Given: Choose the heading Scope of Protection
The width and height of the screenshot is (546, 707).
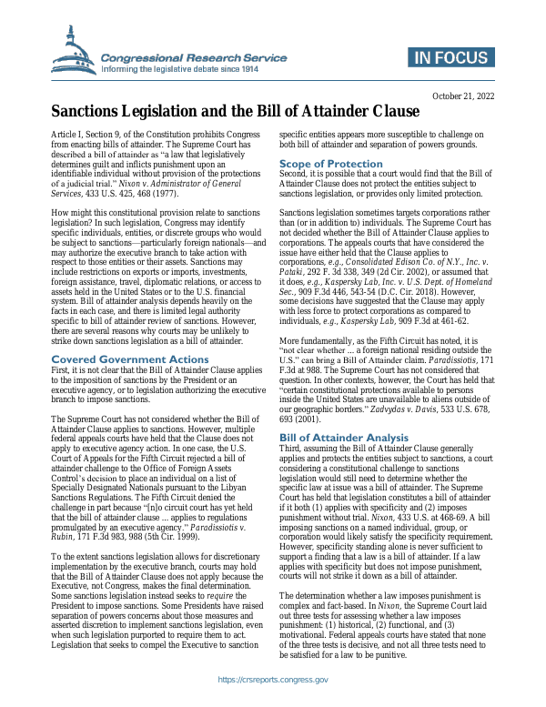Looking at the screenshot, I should point(330,164).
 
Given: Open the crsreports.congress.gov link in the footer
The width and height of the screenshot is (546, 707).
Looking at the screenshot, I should point(272,680).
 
